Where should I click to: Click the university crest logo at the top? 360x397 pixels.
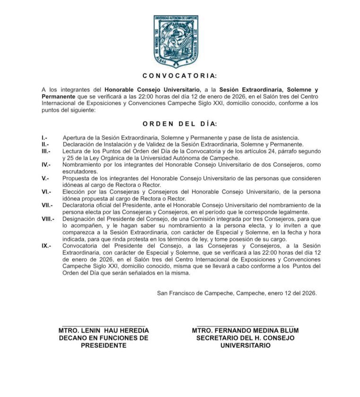pos(176,42)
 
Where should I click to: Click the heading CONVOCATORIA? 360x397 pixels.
pos(180,75)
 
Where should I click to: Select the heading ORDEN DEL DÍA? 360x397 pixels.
pos(179,124)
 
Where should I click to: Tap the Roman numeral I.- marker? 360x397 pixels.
pos(44,138)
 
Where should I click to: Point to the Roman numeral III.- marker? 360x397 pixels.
pos(46,151)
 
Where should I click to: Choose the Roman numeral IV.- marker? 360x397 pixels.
pos(46,165)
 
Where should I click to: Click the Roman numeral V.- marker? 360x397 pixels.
pos(45,178)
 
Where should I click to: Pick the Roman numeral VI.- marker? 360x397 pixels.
pos(46,192)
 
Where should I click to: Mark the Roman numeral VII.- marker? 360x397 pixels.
pos(47,205)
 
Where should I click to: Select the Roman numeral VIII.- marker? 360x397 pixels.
pos(48,219)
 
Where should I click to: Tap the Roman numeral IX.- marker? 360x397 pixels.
pos(46,246)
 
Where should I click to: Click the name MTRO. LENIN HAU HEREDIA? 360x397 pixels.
pos(104,330)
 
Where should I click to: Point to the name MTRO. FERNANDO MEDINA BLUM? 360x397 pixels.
pos(245,330)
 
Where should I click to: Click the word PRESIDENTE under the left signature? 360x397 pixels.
pos(104,345)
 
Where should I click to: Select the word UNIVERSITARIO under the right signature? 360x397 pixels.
pos(245,345)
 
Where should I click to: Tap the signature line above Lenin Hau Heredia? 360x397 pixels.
pos(104,325)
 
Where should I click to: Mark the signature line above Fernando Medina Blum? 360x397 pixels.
pos(245,325)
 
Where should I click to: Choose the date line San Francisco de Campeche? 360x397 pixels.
pos(237,293)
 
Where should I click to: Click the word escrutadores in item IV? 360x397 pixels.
pos(79,172)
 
